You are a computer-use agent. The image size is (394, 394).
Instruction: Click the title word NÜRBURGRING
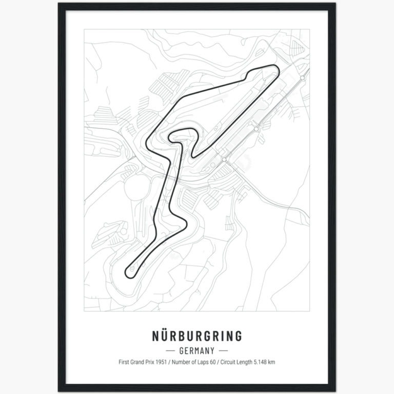197,337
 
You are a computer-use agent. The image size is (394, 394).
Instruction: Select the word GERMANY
196,351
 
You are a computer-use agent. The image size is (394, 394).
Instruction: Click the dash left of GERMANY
171,351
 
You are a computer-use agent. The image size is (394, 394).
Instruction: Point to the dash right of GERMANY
223,351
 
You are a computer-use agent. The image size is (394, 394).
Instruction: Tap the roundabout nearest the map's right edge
303,77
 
